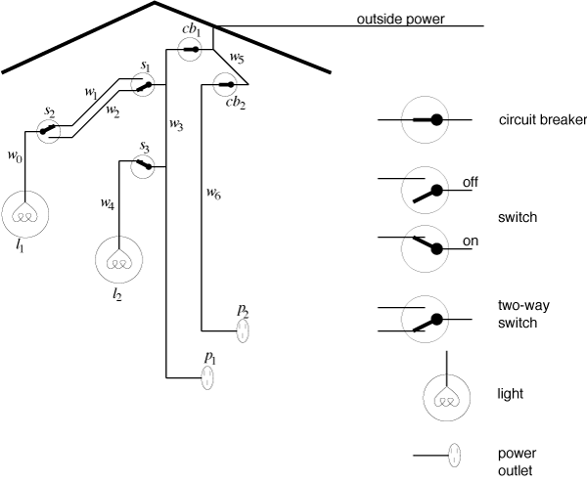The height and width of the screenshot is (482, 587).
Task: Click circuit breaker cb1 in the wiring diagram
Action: coord(190,50)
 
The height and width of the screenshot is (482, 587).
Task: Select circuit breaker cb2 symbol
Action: coord(225,85)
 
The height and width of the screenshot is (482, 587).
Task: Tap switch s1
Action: coord(143,85)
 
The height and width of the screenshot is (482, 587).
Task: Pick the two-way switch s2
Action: coord(49,132)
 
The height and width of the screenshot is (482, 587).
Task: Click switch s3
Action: coord(143,166)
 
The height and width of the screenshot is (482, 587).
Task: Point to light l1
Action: coord(25,214)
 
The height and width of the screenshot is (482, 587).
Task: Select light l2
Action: coord(119,260)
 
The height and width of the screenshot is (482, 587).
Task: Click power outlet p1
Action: coord(207,378)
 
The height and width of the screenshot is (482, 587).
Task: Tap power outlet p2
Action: coord(243,330)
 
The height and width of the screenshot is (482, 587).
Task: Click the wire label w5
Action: coord(237,58)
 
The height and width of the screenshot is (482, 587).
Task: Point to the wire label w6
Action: coord(213,194)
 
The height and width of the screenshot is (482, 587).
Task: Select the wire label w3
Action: coord(176,124)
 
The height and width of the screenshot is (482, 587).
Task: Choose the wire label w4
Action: coord(108,204)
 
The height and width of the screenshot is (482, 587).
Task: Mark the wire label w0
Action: coord(15,156)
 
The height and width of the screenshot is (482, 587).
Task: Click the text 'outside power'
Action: coord(400,20)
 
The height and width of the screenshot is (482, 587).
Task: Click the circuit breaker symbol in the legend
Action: coord(425,119)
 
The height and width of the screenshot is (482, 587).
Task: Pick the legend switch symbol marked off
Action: coord(425,191)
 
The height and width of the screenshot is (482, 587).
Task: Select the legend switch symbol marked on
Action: coord(425,249)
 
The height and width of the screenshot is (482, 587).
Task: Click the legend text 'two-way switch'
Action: coord(523,315)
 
